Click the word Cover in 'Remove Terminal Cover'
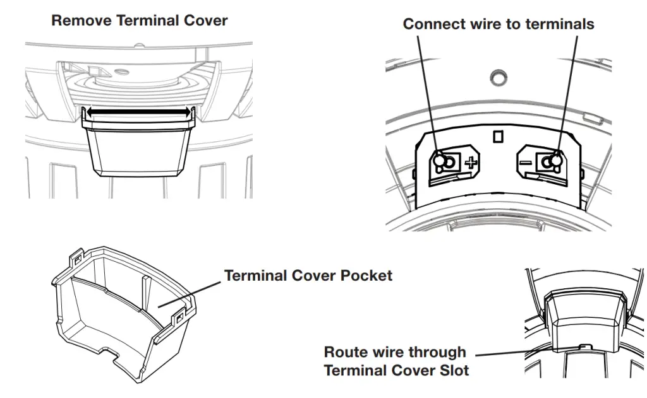tap(205, 20)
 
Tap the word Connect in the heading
tap(433, 24)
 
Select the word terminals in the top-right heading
tap(560, 24)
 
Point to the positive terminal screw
tap(445, 162)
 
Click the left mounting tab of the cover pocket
tap(76, 259)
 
